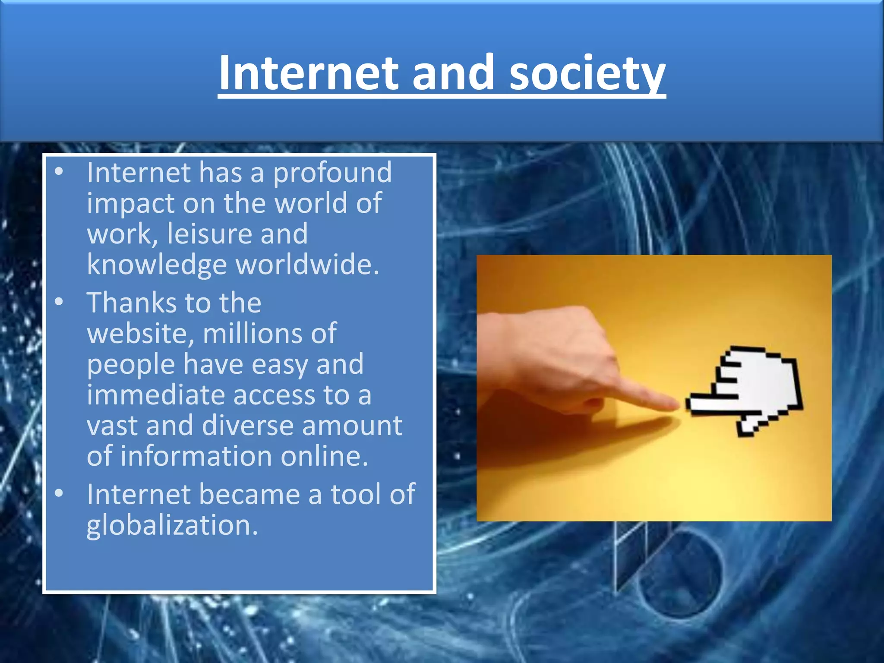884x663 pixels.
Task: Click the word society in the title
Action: (587, 73)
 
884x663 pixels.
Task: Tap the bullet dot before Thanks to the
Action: (59, 301)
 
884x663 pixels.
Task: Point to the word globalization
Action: (172, 526)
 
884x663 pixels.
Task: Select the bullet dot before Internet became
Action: (59, 493)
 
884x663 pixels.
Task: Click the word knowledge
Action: (156, 265)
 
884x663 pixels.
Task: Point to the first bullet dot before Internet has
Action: (59, 172)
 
